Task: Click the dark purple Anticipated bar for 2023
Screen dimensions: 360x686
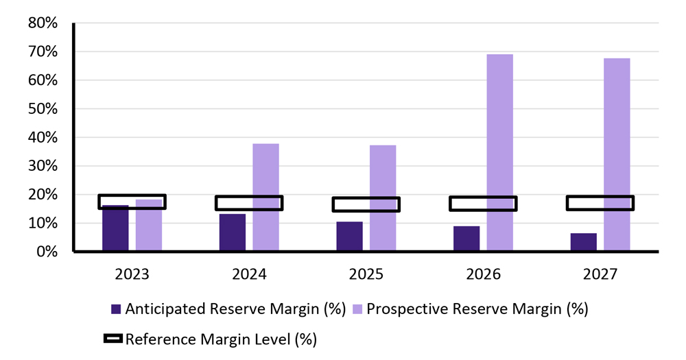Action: pyautogui.click(x=115, y=230)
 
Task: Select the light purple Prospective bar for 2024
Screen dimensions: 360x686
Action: pyautogui.click(x=265, y=197)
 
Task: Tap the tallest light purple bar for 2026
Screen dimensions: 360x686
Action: pyautogui.click(x=499, y=152)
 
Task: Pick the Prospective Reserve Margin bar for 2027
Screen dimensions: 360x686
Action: pyautogui.click(x=617, y=155)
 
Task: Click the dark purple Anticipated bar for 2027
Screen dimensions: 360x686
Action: pyautogui.click(x=583, y=243)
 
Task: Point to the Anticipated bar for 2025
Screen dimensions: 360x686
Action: pyautogui.click(x=349, y=237)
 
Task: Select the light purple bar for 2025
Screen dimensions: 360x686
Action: pyautogui.click(x=383, y=198)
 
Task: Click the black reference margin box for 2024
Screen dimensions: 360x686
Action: pyautogui.click(x=249, y=203)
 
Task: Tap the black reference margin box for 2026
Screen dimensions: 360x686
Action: pyautogui.click(x=483, y=204)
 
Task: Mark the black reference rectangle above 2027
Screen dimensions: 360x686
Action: pyautogui.click(x=600, y=203)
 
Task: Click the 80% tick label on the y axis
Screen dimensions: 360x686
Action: pyautogui.click(x=43, y=23)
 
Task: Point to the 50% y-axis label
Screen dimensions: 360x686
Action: pyautogui.click(x=43, y=109)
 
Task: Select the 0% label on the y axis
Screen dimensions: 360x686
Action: pyautogui.click(x=46, y=252)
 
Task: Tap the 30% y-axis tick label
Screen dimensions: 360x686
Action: pyautogui.click(x=43, y=166)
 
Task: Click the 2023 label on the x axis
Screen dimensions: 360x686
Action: pyautogui.click(x=132, y=274)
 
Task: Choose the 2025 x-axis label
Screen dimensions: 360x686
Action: pyautogui.click(x=366, y=274)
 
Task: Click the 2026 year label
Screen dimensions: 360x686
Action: pyautogui.click(x=483, y=274)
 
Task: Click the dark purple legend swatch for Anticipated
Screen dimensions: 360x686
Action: pyautogui.click(x=115, y=309)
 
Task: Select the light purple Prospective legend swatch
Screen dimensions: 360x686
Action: pyautogui.click(x=357, y=309)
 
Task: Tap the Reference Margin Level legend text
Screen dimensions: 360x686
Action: pyautogui.click(x=221, y=339)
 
